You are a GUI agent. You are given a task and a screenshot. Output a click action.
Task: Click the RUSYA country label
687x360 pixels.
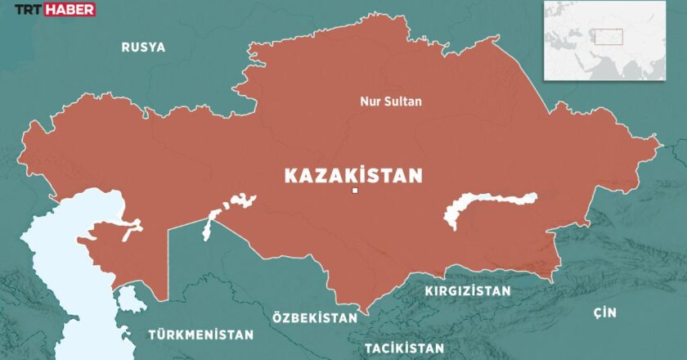143,47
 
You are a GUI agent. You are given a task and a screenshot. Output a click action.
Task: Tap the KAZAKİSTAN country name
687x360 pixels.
353,175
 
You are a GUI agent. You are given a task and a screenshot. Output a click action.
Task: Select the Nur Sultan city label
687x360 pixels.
391,102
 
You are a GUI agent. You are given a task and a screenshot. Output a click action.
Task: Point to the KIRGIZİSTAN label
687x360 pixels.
467,290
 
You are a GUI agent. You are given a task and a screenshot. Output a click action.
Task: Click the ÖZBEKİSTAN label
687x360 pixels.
315,317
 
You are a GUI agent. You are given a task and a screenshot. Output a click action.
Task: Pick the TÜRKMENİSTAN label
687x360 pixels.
200,335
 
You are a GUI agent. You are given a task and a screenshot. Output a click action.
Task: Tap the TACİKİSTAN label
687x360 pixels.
404,348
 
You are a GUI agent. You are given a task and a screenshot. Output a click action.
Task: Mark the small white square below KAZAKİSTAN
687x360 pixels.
354,191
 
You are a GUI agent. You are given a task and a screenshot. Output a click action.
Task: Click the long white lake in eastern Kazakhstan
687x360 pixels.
489,205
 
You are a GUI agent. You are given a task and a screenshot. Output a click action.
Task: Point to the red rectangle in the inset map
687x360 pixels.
608,36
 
